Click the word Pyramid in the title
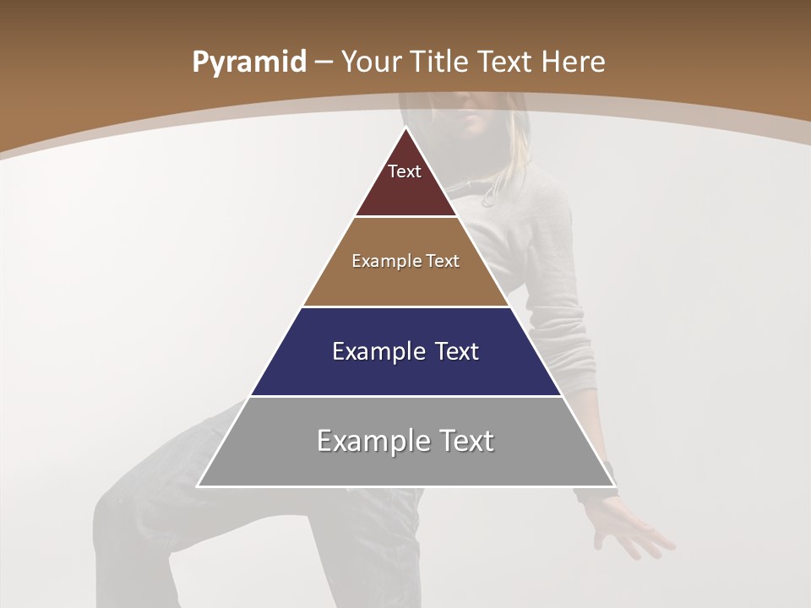248,62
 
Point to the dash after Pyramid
323,63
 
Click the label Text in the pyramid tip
405,171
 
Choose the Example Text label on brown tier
405,261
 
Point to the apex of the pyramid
405,128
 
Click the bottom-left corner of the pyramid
198,486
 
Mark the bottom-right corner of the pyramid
614,486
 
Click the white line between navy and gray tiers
405,396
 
